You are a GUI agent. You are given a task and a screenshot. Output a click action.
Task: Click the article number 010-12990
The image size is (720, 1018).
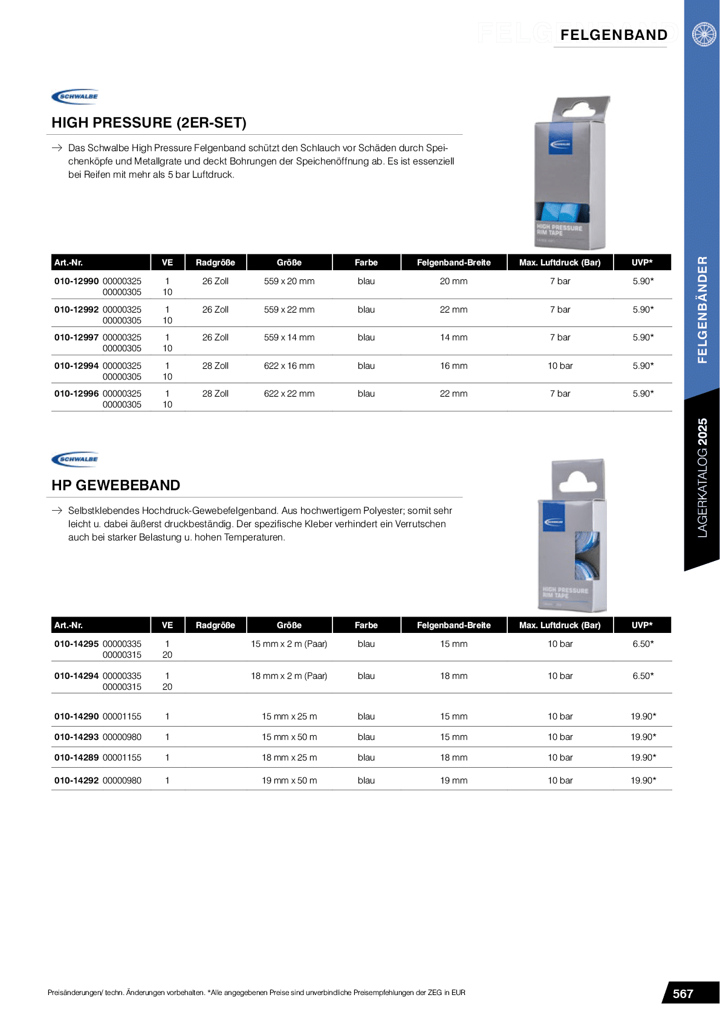pyautogui.click(x=76, y=281)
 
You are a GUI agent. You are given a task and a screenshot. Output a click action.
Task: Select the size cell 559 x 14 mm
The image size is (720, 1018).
pyautogui.click(x=289, y=337)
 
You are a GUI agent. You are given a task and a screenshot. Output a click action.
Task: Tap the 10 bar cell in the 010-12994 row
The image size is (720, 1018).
pyautogui.click(x=560, y=366)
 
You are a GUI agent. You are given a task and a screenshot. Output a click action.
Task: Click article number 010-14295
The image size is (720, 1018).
pyautogui.click(x=76, y=644)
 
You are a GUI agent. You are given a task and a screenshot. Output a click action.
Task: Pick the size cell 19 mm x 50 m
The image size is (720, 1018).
pyautogui.click(x=289, y=780)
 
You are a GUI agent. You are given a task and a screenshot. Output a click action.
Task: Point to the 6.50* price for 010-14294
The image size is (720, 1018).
pyautogui.click(x=643, y=676)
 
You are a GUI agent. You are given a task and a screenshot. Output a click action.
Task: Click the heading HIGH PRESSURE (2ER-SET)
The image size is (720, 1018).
pyautogui.click(x=149, y=123)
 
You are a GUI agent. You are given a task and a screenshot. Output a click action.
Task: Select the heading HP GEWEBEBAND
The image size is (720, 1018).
pyautogui.click(x=115, y=485)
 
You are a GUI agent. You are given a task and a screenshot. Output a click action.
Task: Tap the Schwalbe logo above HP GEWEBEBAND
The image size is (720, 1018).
pyautogui.click(x=75, y=459)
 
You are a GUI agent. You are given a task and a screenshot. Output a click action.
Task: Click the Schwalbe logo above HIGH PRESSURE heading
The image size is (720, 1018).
pyautogui.click(x=75, y=97)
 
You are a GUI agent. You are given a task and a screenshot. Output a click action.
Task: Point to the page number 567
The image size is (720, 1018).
pyautogui.click(x=683, y=994)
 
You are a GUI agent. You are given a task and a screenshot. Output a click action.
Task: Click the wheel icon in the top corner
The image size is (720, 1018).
pyautogui.click(x=704, y=34)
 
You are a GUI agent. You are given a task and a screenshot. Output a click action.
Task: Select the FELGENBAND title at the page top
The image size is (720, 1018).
pyautogui.click(x=614, y=35)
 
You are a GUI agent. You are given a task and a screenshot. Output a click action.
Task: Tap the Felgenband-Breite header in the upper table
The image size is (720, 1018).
pyautogui.click(x=453, y=262)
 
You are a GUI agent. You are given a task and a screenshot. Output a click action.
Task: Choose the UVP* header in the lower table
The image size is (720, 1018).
pyautogui.click(x=642, y=625)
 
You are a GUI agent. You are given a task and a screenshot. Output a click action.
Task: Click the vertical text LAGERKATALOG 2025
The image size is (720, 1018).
pyautogui.click(x=702, y=478)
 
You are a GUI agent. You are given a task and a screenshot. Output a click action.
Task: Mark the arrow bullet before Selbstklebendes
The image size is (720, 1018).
pyautogui.click(x=57, y=511)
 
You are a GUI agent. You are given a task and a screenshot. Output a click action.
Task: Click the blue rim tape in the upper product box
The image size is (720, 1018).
pyautogui.click(x=562, y=213)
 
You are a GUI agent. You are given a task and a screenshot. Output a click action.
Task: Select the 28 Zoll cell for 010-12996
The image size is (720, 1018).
pyautogui.click(x=215, y=394)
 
